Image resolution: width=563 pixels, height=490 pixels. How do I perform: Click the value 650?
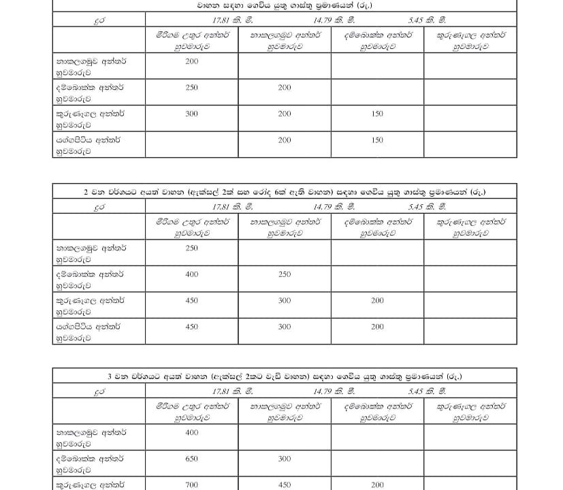tap(191, 459)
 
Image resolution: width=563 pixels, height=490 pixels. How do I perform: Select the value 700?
tap(191, 485)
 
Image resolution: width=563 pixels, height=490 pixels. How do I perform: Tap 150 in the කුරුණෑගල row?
tap(377, 114)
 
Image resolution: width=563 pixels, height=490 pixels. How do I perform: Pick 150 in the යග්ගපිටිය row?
tap(377, 140)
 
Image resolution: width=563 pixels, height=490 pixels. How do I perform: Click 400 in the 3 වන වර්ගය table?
tap(191, 432)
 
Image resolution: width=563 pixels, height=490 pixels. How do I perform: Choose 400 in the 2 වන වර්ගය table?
tap(191, 274)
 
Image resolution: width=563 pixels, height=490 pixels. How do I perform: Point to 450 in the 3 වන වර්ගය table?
tap(284, 485)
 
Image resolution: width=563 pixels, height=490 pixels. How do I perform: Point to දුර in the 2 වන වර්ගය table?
tap(99, 207)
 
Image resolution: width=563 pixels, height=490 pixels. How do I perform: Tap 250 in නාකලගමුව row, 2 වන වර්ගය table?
tap(191, 248)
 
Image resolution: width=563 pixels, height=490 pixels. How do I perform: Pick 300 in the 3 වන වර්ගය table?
tap(284, 459)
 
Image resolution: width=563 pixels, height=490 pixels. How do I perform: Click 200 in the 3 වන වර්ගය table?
tap(377, 485)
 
